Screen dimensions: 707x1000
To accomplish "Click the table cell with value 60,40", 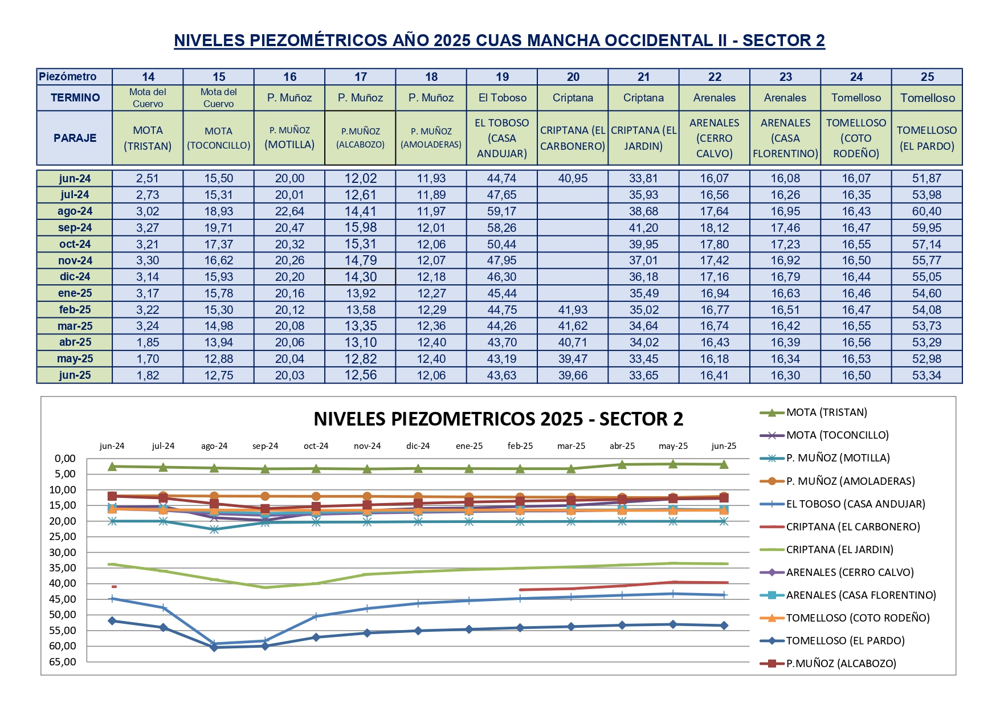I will coord(926,211).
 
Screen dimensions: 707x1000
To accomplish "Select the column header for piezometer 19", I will coord(502,77).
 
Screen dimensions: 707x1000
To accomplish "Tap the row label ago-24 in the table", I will coord(75,211).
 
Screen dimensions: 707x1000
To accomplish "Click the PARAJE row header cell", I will coord(75,138).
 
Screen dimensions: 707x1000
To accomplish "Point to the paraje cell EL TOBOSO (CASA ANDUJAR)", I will coord(502,138).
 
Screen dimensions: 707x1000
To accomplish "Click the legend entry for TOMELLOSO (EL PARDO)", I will coord(845,641).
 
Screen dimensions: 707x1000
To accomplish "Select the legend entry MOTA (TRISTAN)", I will coord(826,412).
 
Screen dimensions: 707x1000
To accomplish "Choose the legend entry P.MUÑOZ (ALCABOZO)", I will coord(841,664).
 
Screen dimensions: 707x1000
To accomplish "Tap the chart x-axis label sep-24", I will coord(265,446).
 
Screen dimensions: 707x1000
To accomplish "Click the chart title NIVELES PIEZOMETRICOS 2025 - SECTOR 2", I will coord(498,419).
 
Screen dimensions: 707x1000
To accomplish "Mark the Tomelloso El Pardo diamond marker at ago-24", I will coord(214,647).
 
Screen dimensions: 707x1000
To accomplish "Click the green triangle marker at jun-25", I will coord(724,464).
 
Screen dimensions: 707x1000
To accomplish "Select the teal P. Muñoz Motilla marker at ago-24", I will coord(214,529).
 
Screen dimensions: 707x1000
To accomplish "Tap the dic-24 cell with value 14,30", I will coord(360,277).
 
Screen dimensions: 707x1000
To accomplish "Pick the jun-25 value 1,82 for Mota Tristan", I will coord(148,375).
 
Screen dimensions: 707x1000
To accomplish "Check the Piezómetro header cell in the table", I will coord(68,77).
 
